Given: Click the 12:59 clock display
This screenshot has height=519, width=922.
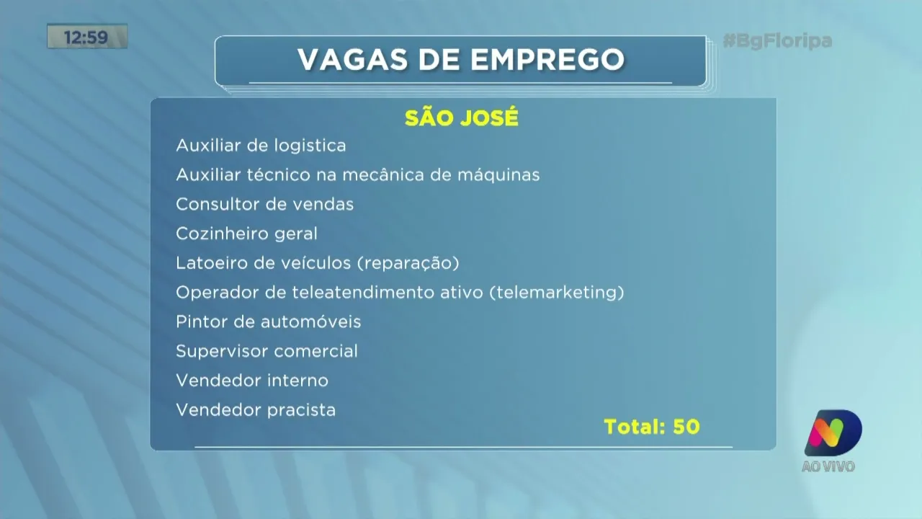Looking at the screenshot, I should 86,37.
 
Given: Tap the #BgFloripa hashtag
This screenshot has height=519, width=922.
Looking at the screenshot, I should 777,41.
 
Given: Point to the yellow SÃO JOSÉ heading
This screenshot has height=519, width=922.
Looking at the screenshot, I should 461,118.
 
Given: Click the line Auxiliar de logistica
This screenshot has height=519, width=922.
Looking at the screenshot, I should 261,146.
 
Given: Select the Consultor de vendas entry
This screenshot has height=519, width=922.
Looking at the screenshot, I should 264,204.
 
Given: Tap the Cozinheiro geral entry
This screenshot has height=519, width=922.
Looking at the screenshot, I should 246,234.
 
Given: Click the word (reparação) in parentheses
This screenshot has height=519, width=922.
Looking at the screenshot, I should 407,263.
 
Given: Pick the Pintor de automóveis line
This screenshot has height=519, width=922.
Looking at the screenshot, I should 268,322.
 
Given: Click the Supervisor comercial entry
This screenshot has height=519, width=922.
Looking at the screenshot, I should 267,352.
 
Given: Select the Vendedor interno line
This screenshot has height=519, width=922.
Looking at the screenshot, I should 252,381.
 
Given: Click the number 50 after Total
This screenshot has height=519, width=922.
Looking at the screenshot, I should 686,427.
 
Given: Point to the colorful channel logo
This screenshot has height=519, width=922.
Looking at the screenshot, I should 833,432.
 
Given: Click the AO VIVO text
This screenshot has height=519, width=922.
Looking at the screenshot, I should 828,466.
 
